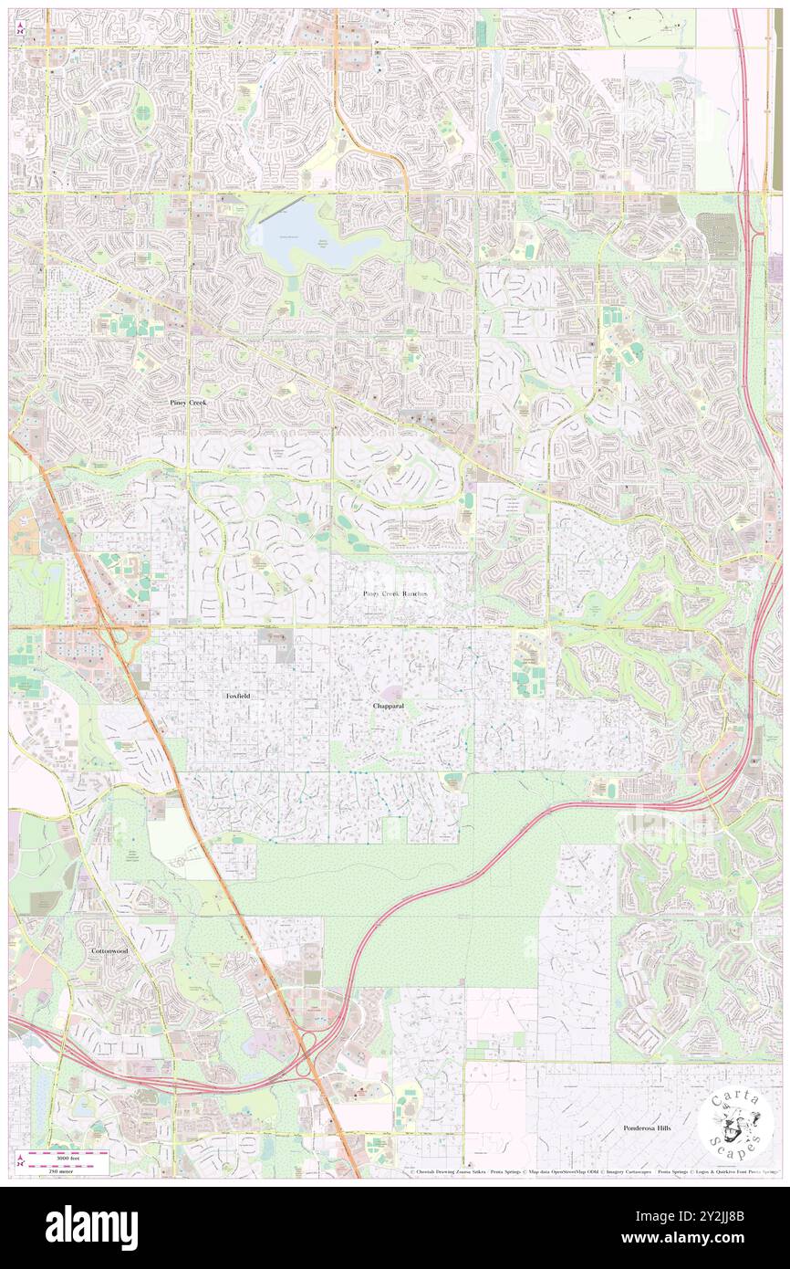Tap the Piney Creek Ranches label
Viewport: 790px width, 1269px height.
(394, 593)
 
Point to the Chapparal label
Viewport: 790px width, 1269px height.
(389, 707)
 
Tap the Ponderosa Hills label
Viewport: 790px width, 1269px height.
(647, 1128)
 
